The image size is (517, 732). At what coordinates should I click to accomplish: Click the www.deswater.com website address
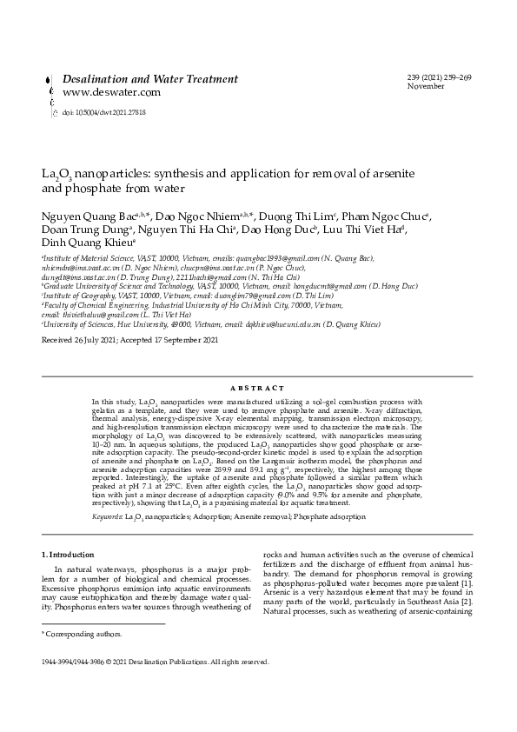(111, 92)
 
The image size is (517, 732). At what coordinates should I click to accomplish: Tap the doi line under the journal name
(103, 113)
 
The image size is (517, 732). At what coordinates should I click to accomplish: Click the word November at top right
(425, 87)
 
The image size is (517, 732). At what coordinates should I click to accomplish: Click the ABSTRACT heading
(258, 388)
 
